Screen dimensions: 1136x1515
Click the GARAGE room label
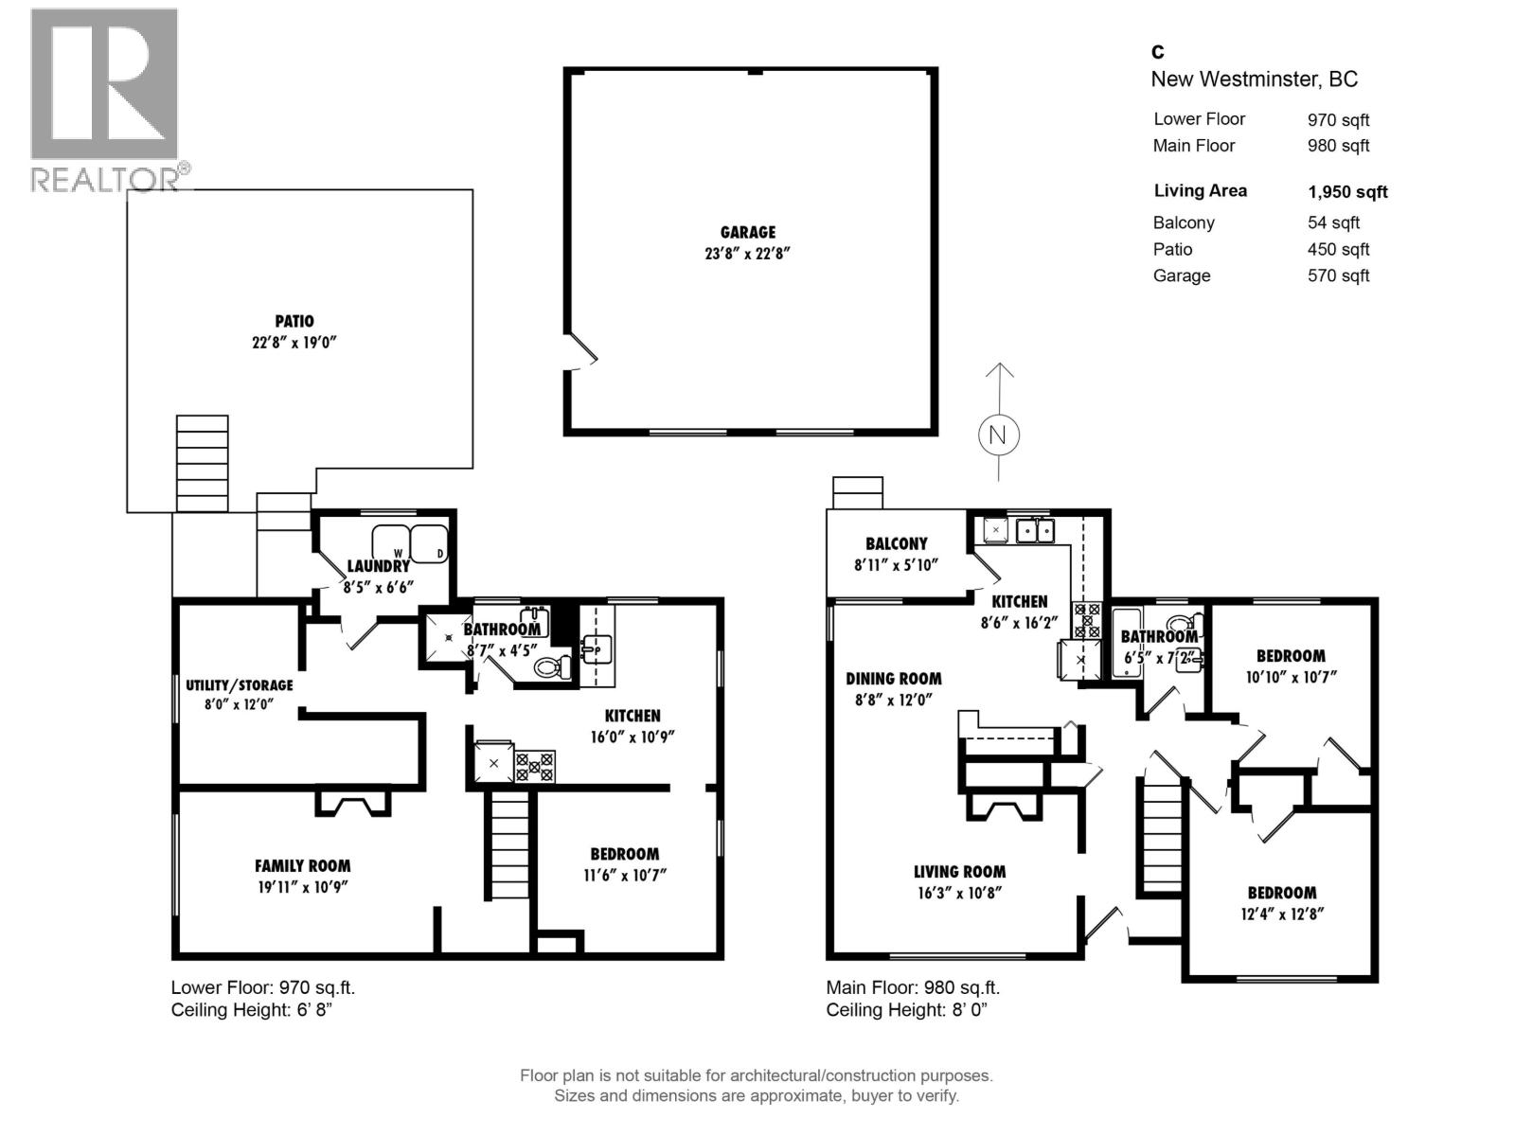(747, 232)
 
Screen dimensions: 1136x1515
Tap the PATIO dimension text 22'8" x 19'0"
(294, 343)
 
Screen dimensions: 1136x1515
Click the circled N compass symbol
(997, 435)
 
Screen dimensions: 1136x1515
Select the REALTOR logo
(105, 99)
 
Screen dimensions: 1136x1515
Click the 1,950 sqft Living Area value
(1347, 192)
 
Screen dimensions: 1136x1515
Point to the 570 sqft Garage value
(1338, 276)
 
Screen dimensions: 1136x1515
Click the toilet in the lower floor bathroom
(553, 666)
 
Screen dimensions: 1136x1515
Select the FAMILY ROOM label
(302, 865)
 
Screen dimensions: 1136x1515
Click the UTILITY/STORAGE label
(240, 684)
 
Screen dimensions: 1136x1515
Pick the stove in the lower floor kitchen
(534, 765)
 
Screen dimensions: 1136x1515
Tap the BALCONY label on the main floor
(896, 543)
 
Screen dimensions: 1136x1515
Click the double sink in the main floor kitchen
(1034, 530)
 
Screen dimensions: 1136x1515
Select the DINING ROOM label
(893, 679)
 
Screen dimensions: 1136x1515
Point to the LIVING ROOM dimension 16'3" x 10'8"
(959, 893)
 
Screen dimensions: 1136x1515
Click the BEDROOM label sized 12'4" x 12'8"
(1281, 893)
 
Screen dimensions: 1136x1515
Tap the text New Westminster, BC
(1254, 80)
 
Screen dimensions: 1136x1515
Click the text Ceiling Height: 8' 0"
(906, 1010)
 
